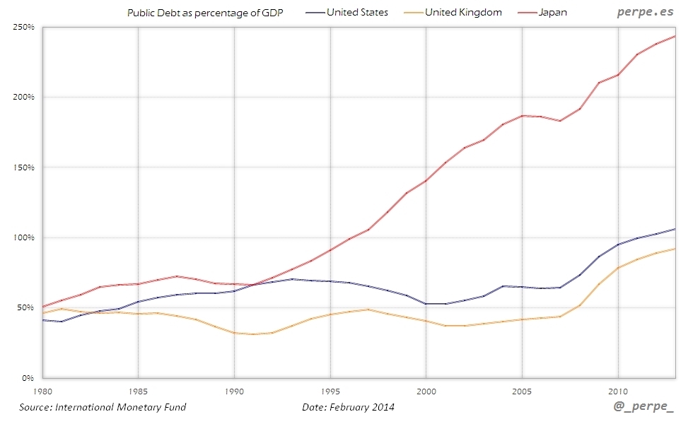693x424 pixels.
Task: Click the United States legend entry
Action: (357, 13)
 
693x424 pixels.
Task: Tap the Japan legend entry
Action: (552, 13)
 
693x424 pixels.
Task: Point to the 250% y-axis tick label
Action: (24, 27)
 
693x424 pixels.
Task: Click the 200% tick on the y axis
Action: (24, 97)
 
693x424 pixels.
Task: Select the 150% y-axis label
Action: (24, 167)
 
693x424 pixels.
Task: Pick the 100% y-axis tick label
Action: (24, 237)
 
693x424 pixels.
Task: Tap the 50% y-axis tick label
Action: (25, 307)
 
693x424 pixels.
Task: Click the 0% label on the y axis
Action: (28, 378)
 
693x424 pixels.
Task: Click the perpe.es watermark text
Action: (645, 12)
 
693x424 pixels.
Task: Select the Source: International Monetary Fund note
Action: (103, 407)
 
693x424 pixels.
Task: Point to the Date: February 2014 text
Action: (348, 407)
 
